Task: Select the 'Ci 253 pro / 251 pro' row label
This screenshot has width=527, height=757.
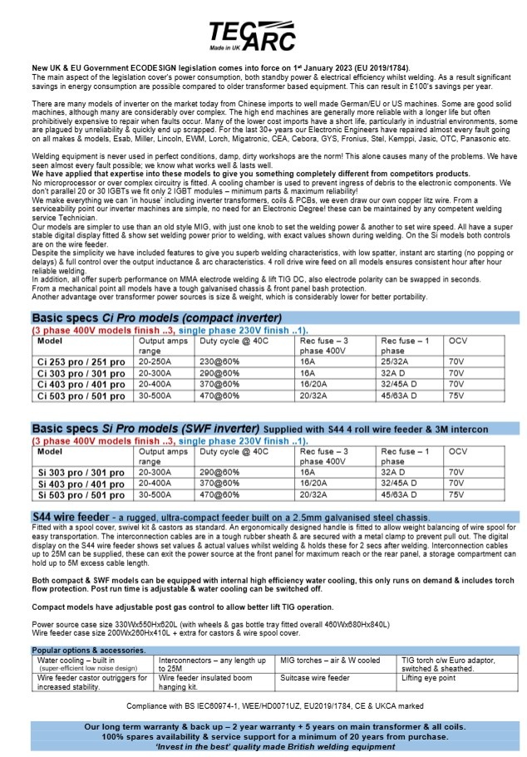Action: pyautogui.click(x=76, y=362)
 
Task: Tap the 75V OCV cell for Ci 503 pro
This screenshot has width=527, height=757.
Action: pyautogui.click(x=456, y=395)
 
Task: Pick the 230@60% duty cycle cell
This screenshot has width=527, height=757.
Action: pyautogui.click(x=219, y=362)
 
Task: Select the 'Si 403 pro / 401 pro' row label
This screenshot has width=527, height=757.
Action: pyautogui.click(x=76, y=484)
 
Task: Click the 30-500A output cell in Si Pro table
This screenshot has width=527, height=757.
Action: pyautogui.click(x=155, y=494)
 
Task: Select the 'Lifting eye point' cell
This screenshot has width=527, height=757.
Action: pyautogui.click(x=428, y=678)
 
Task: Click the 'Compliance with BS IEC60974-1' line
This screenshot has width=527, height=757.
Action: pyautogui.click(x=263, y=705)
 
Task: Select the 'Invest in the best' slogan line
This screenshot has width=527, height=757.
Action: pyautogui.click(x=263, y=747)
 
